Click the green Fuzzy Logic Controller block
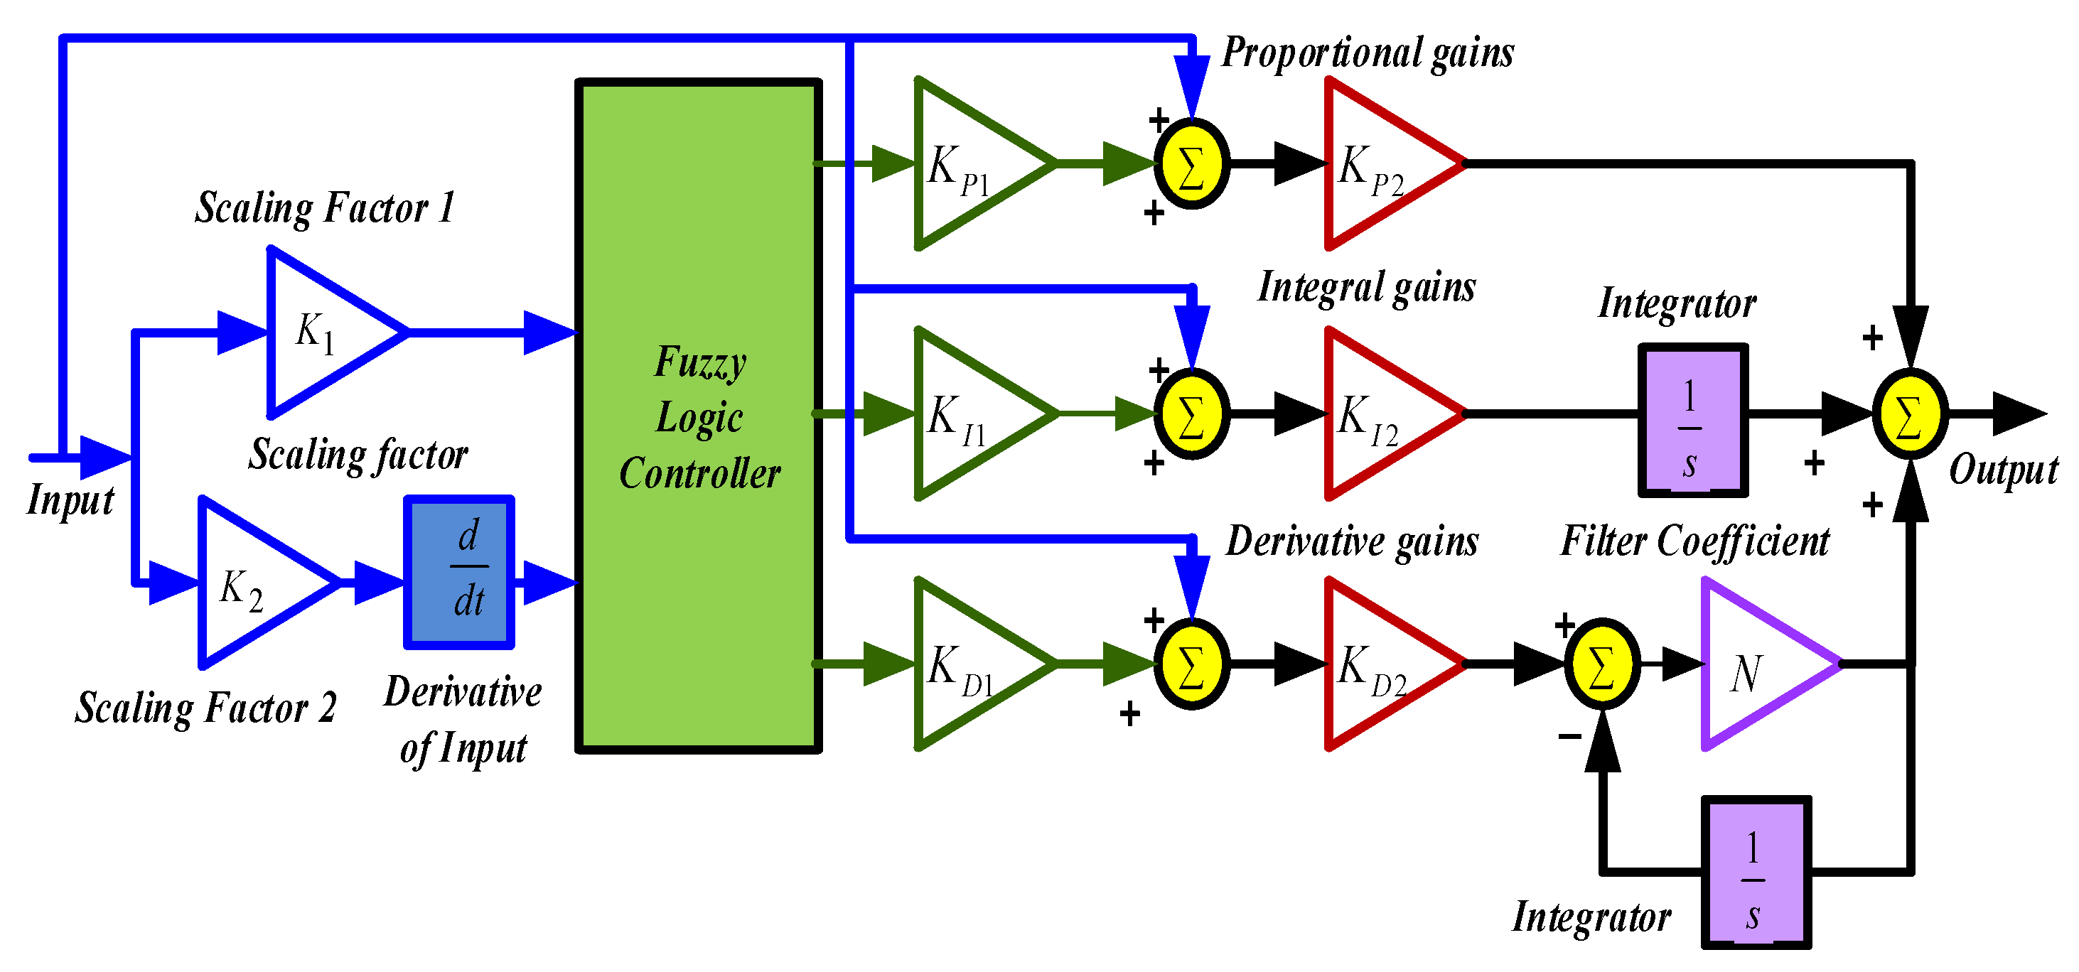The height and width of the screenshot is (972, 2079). click(x=699, y=416)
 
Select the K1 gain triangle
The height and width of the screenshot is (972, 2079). click(x=323, y=333)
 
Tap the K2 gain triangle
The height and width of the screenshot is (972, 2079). click(x=254, y=583)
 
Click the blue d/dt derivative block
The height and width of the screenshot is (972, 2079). click(x=459, y=572)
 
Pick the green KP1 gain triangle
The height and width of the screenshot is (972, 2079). click(x=969, y=163)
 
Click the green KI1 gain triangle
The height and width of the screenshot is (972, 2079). click(x=969, y=414)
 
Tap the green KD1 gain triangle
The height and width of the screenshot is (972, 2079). click(x=969, y=664)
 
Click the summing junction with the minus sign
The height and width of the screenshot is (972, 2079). click(x=1602, y=664)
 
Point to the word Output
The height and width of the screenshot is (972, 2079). click(x=2003, y=470)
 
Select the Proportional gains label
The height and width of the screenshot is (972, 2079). click(x=1368, y=53)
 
